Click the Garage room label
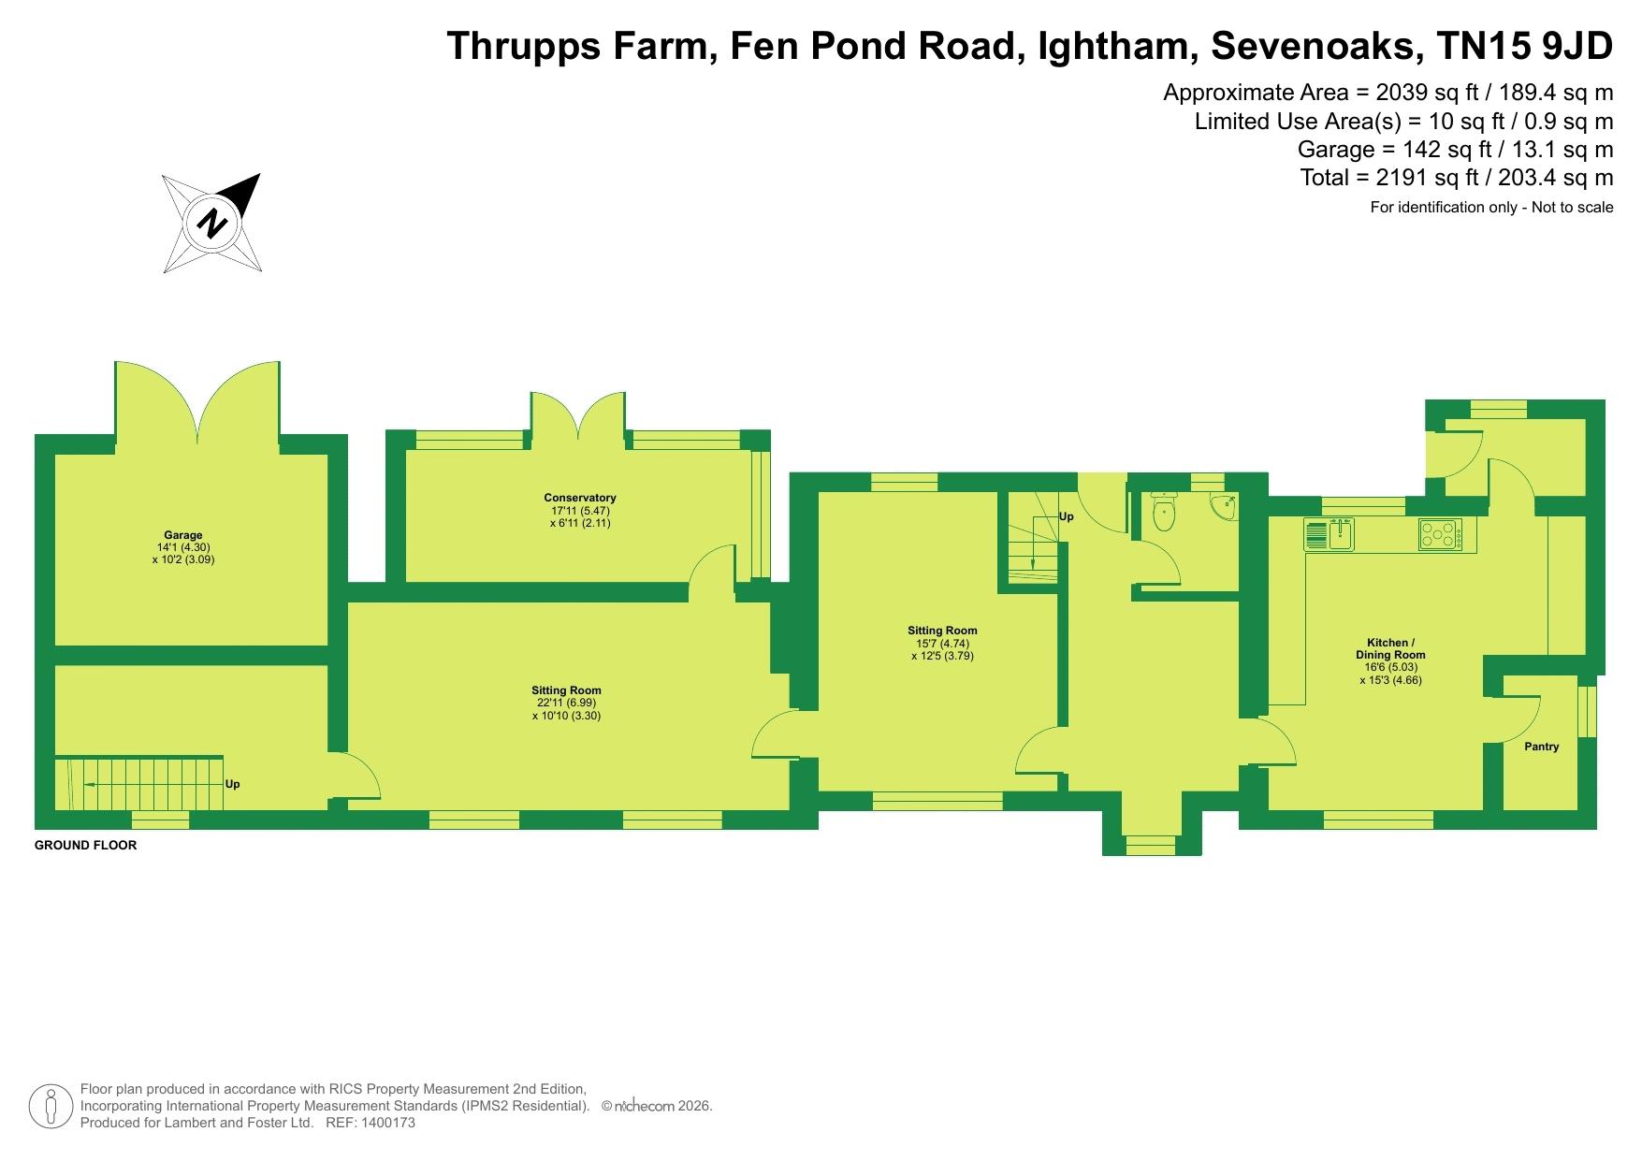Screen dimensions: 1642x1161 (183, 536)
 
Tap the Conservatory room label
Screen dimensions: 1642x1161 (580, 498)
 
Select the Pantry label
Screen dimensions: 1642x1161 (1542, 747)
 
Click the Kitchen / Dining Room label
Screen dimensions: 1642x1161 (1391, 648)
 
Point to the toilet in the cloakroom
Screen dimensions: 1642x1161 (1163, 511)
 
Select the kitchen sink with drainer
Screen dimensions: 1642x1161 (1330, 534)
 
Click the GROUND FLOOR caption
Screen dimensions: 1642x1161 (85, 846)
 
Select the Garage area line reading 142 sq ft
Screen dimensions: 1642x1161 (1455, 150)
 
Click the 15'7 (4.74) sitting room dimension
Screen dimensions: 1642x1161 (942, 644)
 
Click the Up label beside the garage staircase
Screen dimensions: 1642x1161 (233, 784)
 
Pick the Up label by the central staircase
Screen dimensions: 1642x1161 (1066, 516)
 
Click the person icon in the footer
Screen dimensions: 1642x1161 (51, 1107)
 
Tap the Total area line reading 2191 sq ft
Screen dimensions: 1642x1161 (1457, 178)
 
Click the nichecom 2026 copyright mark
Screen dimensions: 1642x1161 (657, 1106)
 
